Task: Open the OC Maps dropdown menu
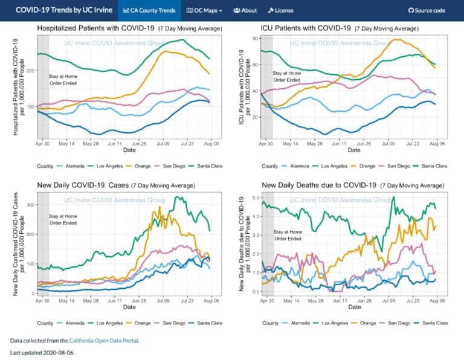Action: point(204,10)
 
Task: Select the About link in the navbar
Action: point(245,10)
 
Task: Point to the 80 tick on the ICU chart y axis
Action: point(256,38)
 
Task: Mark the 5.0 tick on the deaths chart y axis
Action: point(256,198)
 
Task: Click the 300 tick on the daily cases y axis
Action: point(31,205)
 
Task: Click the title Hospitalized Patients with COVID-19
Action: point(95,28)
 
